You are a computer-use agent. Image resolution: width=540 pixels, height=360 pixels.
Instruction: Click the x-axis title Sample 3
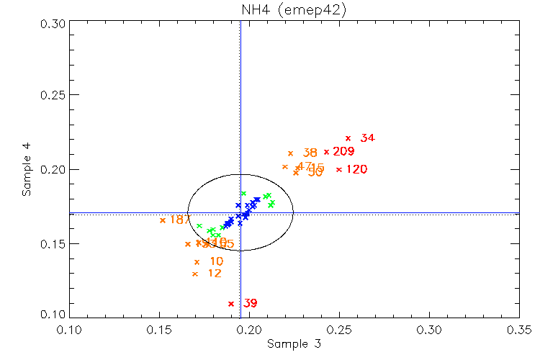[x=294, y=344]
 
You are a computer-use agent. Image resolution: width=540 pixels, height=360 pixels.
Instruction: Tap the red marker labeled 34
[x=348, y=138]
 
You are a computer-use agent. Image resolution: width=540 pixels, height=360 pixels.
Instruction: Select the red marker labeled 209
[x=326, y=152]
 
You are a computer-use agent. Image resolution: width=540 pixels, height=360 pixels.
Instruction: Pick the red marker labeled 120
[x=339, y=170]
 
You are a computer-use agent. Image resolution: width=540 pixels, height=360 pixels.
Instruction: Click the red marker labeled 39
[x=231, y=304]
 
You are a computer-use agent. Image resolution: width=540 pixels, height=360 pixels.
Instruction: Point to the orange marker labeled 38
[x=290, y=153]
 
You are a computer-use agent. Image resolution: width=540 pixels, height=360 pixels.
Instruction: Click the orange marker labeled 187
[x=163, y=220]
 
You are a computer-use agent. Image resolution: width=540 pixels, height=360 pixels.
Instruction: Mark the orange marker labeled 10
[x=197, y=262]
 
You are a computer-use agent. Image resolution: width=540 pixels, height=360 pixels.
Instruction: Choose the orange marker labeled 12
[x=195, y=274]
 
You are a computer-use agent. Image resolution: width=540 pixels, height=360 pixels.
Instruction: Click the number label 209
[x=344, y=152]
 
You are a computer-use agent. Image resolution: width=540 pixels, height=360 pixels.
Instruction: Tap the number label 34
[x=367, y=138]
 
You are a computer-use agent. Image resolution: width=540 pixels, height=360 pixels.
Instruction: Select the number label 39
[x=250, y=304]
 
